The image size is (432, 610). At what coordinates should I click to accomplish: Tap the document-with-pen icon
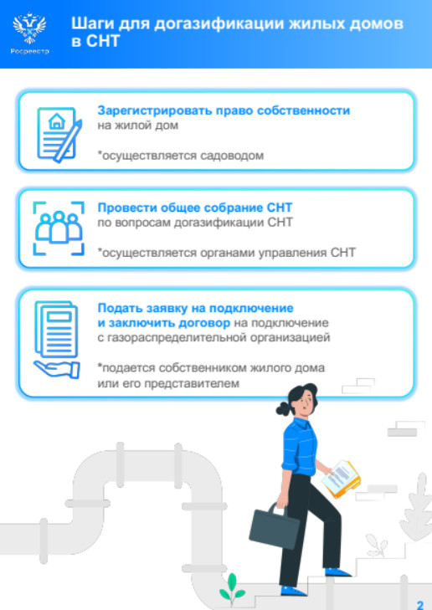[x=59, y=134]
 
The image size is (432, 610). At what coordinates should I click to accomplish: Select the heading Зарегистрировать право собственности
[x=224, y=111]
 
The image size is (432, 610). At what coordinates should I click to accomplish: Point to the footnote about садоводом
[x=181, y=156]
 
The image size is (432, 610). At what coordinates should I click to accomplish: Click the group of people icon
[x=59, y=228]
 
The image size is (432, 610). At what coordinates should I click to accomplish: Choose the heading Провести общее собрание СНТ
[x=194, y=208]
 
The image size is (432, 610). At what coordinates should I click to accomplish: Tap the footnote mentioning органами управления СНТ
[x=227, y=253]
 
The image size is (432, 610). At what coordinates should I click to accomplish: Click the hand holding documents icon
[x=57, y=339]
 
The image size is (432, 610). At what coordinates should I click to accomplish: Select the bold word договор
[x=204, y=323]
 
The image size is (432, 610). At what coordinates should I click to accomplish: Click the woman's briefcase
[x=274, y=526]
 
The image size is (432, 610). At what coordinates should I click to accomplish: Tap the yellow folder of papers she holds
[x=341, y=479]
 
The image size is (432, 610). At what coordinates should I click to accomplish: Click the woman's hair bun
[x=283, y=409]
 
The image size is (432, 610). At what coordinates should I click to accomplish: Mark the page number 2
[x=420, y=604]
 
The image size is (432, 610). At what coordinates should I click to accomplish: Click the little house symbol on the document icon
[x=57, y=121]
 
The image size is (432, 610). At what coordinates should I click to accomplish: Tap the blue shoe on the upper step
[x=337, y=572]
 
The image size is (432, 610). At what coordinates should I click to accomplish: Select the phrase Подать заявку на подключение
[x=195, y=308]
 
